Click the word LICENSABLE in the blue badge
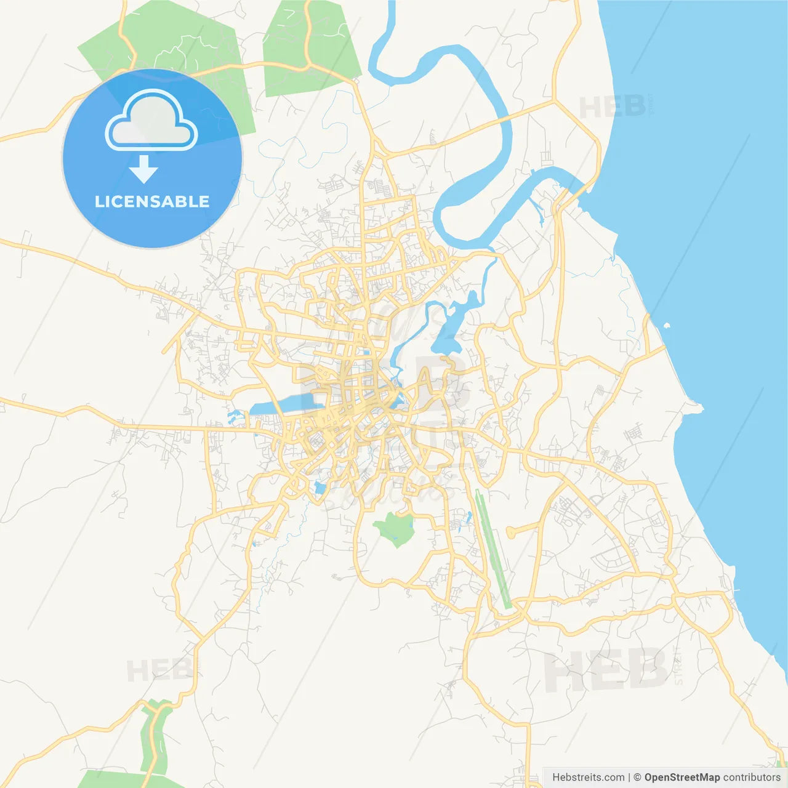coord(152,201)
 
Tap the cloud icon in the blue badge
coord(151,121)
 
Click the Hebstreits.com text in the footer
coord(588,778)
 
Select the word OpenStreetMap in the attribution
coord(681,778)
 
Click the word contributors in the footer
coord(752,778)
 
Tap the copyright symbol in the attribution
coord(637,778)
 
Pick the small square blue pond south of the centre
coord(320,489)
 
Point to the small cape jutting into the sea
coord(696,406)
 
